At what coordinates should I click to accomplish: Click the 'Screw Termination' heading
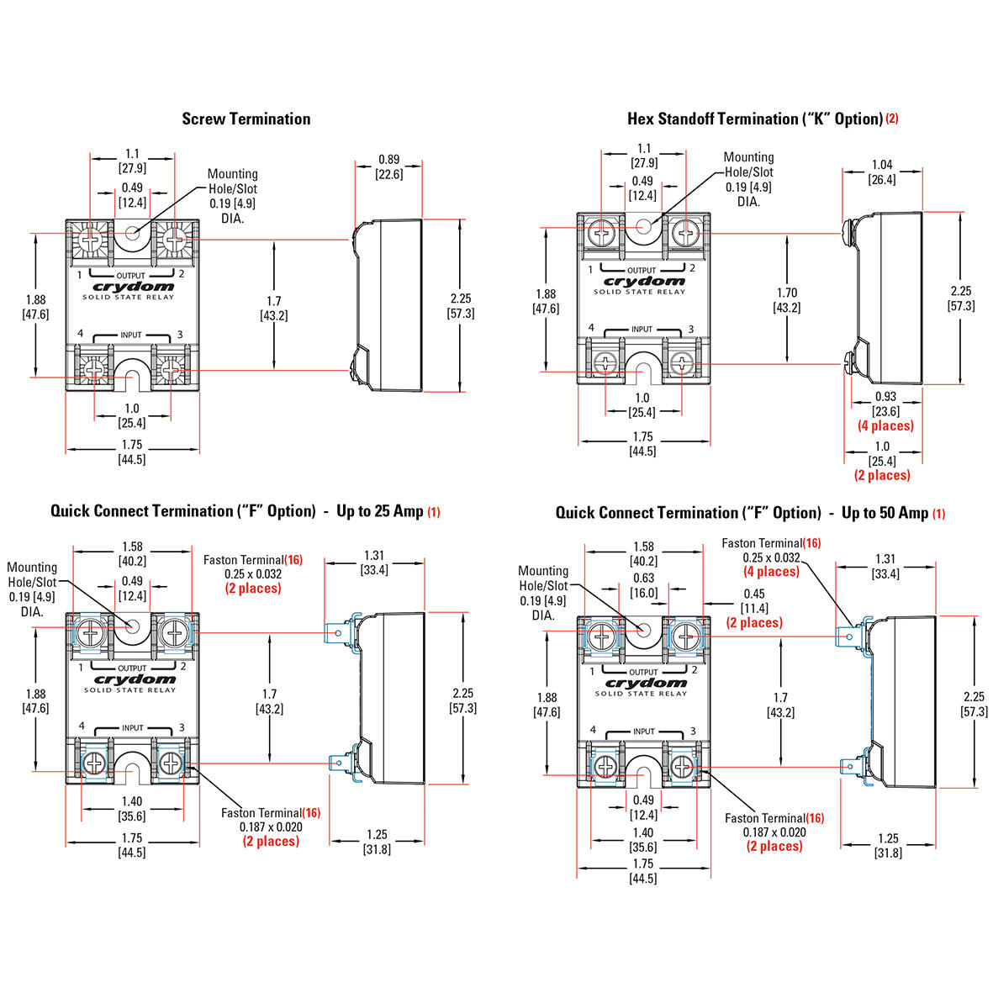[x=246, y=119]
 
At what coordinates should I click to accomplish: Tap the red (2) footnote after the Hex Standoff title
[x=891, y=119]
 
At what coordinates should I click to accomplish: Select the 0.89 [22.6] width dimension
[x=388, y=166]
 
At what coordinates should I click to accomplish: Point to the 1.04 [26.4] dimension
[x=882, y=172]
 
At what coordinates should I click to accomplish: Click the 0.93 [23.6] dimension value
[x=885, y=404]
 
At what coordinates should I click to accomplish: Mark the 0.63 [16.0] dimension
[x=643, y=585]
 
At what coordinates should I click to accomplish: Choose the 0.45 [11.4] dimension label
[x=754, y=601]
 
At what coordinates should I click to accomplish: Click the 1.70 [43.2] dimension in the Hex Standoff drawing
[x=787, y=300]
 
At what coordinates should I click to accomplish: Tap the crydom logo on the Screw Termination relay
[x=129, y=287]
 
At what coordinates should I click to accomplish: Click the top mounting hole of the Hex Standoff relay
[x=645, y=227]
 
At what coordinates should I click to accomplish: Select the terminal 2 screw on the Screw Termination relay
[x=174, y=240]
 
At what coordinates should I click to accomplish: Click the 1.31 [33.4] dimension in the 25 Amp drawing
[x=374, y=563]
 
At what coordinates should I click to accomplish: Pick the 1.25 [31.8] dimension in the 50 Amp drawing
[x=887, y=845]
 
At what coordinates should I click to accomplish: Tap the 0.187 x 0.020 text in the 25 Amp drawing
[x=271, y=827]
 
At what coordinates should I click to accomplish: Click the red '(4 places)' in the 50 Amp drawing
[x=771, y=572]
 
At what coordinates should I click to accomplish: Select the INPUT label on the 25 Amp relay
[x=132, y=727]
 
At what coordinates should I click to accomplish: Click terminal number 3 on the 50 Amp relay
[x=692, y=731]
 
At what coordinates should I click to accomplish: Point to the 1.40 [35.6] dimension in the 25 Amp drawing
[x=132, y=809]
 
